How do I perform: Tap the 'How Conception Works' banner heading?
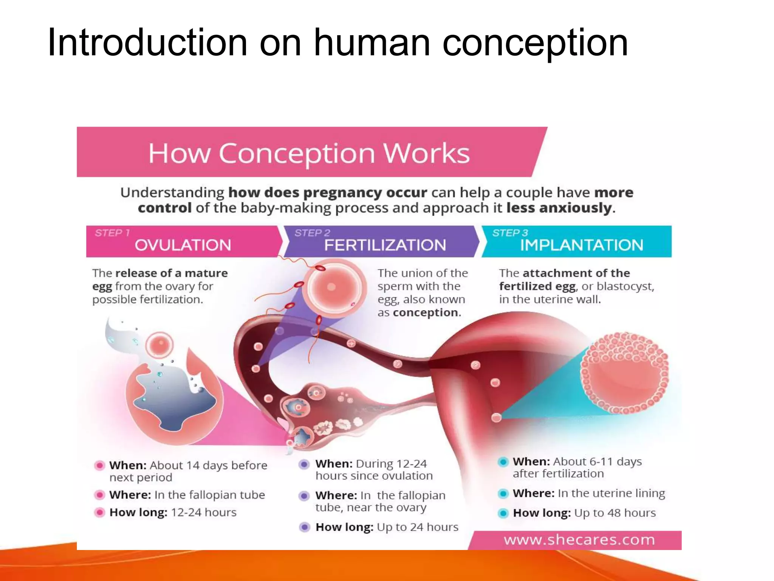[309, 153]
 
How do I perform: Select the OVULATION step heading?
[183, 245]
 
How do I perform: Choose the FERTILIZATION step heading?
[385, 245]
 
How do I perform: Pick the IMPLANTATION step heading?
[582, 245]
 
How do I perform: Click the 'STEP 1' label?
[112, 233]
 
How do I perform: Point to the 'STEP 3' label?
[510, 233]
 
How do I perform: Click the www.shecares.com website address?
[579, 539]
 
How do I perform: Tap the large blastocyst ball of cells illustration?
[624, 373]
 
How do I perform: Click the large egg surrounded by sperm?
[331, 287]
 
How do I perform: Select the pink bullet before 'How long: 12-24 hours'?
[100, 512]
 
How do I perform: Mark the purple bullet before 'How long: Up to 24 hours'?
[305, 527]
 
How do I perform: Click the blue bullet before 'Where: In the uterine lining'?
[503, 493]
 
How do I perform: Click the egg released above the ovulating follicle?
[159, 345]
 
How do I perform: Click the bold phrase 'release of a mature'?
[171, 273]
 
